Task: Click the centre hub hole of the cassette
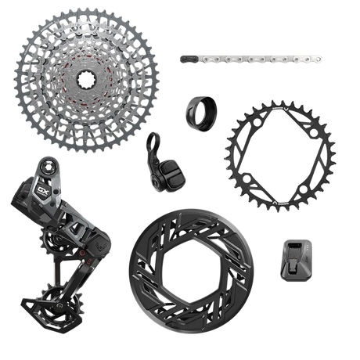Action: coord(88,78)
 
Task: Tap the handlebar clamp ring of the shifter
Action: coord(153,142)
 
